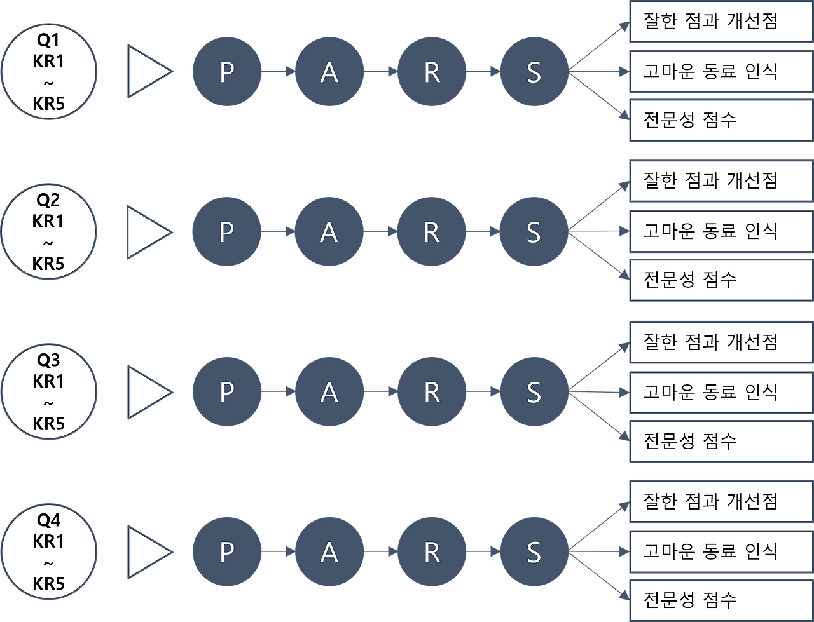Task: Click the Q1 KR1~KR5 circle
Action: (x=49, y=72)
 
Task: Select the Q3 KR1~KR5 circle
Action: (x=49, y=392)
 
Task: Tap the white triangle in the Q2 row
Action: (x=148, y=232)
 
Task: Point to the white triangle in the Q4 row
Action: (x=148, y=551)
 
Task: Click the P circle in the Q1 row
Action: (x=226, y=72)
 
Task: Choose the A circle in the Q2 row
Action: (x=329, y=232)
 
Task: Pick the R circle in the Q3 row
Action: (x=431, y=392)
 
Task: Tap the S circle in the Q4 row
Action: (x=534, y=551)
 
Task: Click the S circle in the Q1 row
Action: (x=534, y=72)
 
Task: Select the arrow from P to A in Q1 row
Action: (x=278, y=72)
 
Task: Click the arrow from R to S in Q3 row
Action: (x=483, y=392)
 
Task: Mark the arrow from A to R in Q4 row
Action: (x=380, y=551)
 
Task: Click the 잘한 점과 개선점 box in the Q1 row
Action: (x=721, y=22)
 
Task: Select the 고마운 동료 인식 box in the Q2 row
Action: (x=721, y=231)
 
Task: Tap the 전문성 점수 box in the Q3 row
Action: (x=721, y=440)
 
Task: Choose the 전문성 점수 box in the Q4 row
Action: (x=721, y=600)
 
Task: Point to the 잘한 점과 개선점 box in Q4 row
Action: (x=721, y=502)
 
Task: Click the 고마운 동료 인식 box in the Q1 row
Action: (x=721, y=71)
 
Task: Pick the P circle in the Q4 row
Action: (x=226, y=551)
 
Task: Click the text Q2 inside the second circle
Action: (x=48, y=201)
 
